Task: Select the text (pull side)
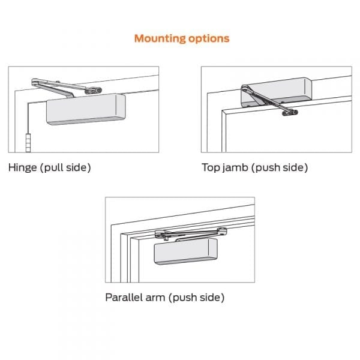click(x=66, y=167)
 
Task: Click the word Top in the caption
click(x=211, y=167)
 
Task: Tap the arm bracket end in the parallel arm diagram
click(x=222, y=230)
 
